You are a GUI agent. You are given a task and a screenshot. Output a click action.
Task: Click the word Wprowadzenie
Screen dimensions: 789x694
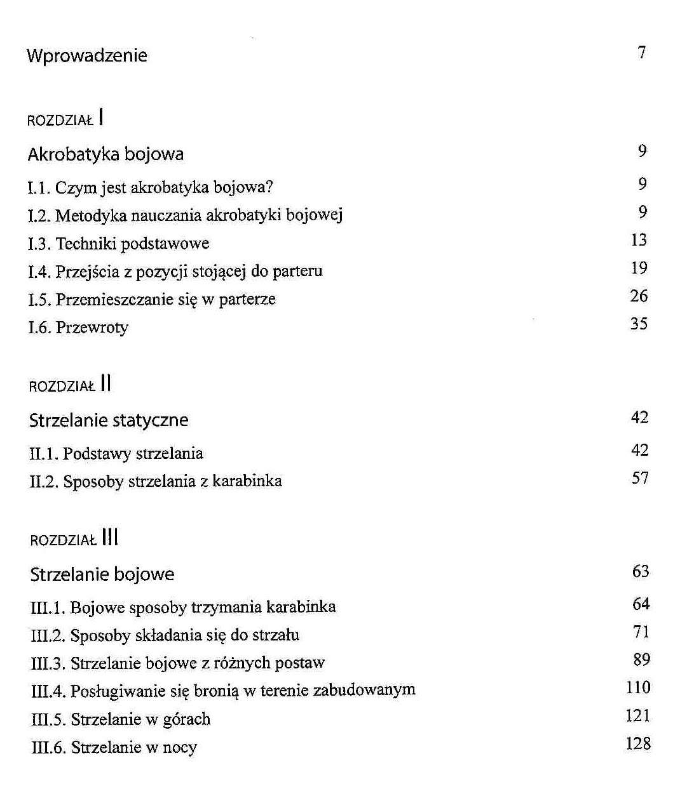[x=86, y=55]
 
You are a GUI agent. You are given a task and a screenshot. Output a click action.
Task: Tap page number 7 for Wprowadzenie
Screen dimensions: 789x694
[x=642, y=52]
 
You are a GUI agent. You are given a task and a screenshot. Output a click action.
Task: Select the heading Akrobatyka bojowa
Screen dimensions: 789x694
[x=105, y=154]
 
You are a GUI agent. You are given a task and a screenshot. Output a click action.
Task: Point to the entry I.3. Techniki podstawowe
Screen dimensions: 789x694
[x=119, y=243]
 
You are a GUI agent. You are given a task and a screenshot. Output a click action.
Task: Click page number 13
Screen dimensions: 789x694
[x=639, y=240]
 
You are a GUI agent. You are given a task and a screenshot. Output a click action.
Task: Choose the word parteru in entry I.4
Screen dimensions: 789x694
[x=297, y=272]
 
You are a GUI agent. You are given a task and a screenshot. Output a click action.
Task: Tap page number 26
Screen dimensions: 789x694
[x=639, y=296]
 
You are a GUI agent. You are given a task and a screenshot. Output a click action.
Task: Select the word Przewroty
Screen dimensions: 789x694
[x=92, y=328]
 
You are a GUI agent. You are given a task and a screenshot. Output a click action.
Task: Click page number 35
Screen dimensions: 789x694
[x=639, y=324]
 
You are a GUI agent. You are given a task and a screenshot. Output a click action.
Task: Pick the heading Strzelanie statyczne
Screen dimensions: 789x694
[x=109, y=420]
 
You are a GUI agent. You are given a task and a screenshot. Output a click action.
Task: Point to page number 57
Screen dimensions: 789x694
[x=640, y=478]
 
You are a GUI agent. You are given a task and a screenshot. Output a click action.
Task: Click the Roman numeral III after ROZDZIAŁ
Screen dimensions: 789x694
[x=110, y=538]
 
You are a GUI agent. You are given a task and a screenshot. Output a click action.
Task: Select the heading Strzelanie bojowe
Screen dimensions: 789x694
[x=102, y=574]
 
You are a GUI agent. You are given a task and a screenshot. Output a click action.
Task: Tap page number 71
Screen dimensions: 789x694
[x=641, y=632]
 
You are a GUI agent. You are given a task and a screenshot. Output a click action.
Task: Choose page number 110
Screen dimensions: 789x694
[x=638, y=687]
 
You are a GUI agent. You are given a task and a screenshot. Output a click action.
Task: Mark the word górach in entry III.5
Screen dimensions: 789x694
[x=187, y=719]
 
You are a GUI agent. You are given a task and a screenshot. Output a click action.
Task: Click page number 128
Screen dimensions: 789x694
[x=638, y=743]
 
